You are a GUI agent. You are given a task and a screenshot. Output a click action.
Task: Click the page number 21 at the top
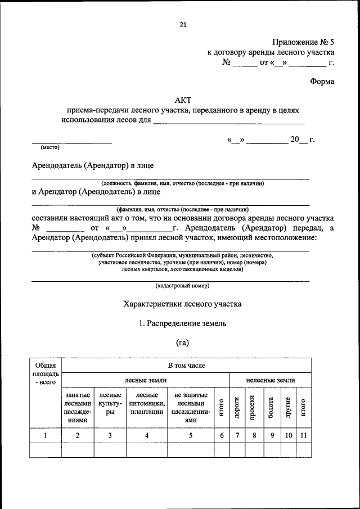(183, 24)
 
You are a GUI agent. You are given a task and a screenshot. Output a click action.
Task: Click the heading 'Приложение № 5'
(303, 42)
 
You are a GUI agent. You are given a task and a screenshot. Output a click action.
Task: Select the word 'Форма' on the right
(322, 82)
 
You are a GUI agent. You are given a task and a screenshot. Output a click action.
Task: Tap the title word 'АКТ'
(183, 100)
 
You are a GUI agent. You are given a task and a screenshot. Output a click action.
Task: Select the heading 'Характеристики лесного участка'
(183, 304)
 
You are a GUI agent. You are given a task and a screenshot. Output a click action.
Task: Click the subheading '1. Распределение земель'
(183, 323)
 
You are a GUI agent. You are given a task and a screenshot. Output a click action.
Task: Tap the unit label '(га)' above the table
(183, 343)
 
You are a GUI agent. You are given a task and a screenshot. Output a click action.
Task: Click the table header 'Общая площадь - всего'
(45, 373)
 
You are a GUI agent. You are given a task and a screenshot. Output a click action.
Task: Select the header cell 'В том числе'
(186, 366)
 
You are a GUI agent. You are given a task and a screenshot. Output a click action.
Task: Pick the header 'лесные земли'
(145, 380)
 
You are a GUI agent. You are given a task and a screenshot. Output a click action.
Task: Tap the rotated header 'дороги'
(238, 407)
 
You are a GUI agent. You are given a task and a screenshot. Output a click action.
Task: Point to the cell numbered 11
(303, 435)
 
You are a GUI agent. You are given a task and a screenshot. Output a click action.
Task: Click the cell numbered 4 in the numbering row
(146, 435)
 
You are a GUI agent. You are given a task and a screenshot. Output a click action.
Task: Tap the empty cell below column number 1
(45, 451)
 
